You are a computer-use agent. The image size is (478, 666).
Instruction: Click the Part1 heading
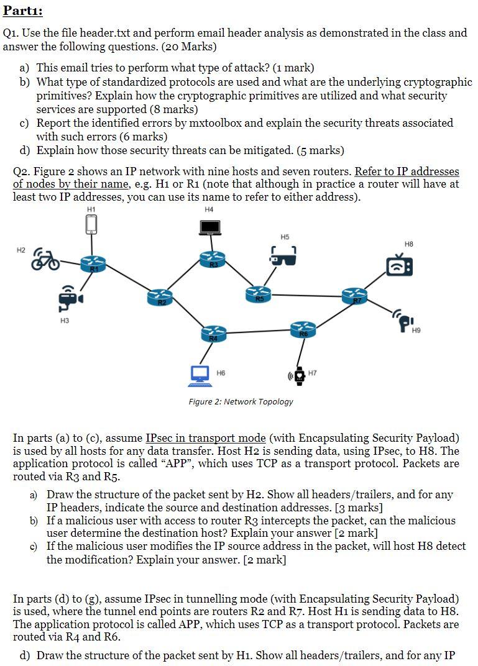(x=22, y=11)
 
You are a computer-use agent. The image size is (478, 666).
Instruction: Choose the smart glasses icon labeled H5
(x=283, y=254)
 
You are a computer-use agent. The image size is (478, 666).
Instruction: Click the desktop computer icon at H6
(x=200, y=374)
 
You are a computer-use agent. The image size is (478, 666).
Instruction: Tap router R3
(x=213, y=260)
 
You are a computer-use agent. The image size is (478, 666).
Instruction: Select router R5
(x=258, y=294)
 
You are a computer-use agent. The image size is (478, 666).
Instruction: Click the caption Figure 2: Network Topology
(x=241, y=401)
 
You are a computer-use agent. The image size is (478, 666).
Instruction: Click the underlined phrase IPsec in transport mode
(x=206, y=439)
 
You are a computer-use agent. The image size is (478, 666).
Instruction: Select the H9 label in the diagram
(x=416, y=331)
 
